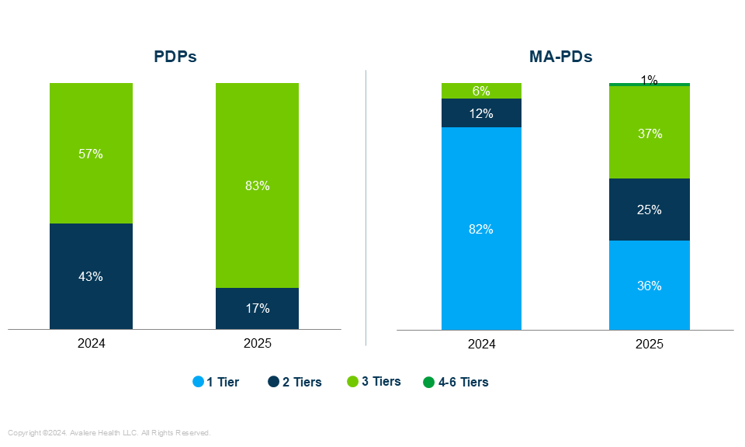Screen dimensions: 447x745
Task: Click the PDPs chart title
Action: tap(175, 57)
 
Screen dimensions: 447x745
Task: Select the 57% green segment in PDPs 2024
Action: tap(91, 154)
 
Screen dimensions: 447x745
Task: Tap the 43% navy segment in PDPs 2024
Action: tap(91, 276)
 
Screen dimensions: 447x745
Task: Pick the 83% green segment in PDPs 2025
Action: tap(257, 185)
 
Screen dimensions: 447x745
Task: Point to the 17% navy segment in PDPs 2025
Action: tap(257, 308)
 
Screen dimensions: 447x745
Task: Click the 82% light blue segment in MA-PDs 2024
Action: tap(481, 229)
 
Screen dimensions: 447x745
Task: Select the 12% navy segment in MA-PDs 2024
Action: tap(481, 113)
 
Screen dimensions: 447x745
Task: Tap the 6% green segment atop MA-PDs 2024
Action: tap(481, 91)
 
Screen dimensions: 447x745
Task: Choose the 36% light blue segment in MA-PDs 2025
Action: tap(650, 286)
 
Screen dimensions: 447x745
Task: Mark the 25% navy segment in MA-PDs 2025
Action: tap(650, 210)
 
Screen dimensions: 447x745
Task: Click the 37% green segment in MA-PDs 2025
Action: tap(650, 133)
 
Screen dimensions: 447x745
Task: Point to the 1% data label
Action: tap(650, 80)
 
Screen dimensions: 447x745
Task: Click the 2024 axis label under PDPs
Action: tap(91, 343)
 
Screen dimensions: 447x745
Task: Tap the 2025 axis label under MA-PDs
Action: tap(650, 344)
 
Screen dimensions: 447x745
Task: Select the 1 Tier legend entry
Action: tap(217, 382)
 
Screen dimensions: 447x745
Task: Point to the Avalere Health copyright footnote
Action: tap(109, 433)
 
